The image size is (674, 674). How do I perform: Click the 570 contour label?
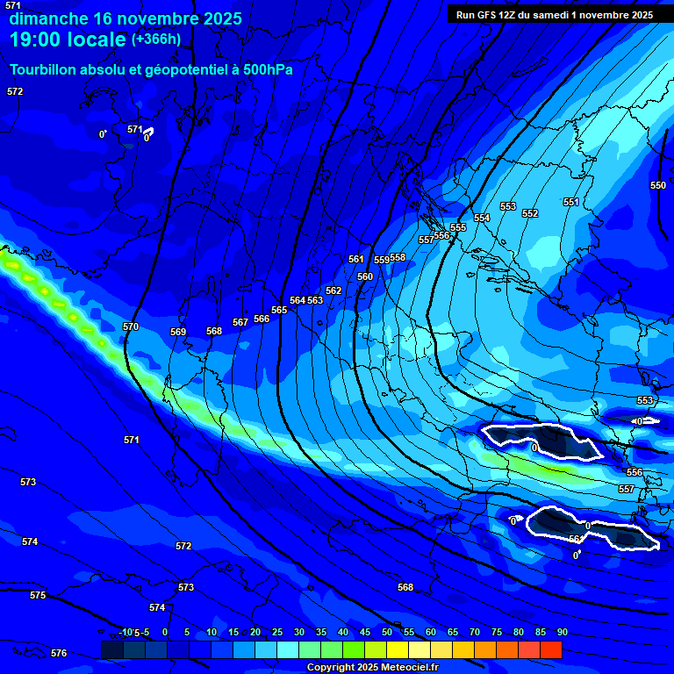[x=131, y=327]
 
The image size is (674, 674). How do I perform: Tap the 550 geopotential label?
[x=658, y=185]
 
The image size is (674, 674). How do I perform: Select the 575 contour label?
[x=38, y=595]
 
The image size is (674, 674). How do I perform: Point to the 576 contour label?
[x=59, y=653]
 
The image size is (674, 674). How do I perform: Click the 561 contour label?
[x=355, y=259]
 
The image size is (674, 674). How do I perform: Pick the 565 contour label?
[x=279, y=310]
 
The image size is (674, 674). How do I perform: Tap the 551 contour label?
[x=571, y=202]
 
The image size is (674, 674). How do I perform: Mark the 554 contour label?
[x=482, y=218]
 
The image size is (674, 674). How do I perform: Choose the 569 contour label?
[x=178, y=332]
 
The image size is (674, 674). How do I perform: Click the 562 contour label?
[x=333, y=290]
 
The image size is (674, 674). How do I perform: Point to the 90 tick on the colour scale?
[x=562, y=633]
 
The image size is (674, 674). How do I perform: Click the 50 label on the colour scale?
[x=387, y=633]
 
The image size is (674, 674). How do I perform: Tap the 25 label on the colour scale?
[x=277, y=633]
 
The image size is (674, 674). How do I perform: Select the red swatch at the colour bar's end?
[x=551, y=649]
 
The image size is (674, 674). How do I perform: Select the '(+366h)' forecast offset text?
[x=156, y=39]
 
